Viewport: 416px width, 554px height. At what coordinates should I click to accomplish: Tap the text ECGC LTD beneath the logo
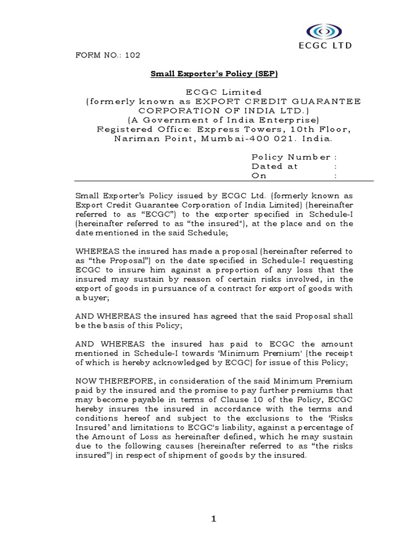click(x=324, y=47)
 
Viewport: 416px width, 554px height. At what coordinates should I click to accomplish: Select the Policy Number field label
click(x=291, y=157)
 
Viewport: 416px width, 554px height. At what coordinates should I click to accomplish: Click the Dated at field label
click(x=275, y=167)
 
